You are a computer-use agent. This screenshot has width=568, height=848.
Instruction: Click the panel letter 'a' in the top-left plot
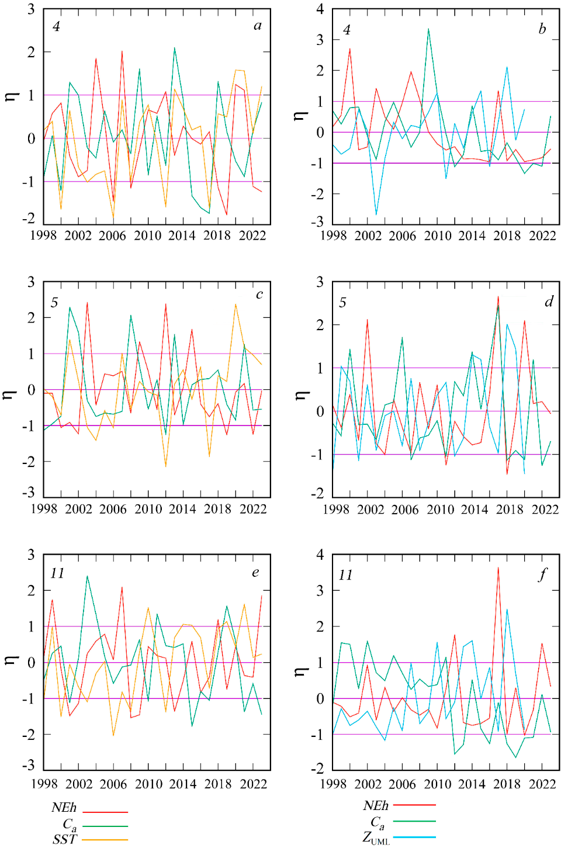[258, 26]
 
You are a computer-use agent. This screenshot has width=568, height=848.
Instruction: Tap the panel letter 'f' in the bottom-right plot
[543, 574]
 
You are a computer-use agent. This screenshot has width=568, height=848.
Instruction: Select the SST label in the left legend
[64, 840]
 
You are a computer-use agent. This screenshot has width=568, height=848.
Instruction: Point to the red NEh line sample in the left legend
[105, 812]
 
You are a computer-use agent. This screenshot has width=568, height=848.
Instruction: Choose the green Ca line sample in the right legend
[414, 821]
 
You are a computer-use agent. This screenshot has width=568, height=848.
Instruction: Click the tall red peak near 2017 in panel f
[498, 567]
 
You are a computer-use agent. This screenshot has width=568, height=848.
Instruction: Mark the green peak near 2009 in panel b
[428, 29]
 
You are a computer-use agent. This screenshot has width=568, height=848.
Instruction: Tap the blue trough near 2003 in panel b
[376, 214]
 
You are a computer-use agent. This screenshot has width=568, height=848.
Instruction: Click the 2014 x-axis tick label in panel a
[182, 236]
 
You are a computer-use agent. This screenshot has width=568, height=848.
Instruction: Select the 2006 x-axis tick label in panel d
[404, 510]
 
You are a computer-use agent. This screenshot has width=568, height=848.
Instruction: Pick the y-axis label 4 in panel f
[320, 554]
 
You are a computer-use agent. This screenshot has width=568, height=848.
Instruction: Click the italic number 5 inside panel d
[342, 302]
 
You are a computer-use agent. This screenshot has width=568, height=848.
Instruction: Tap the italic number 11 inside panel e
[57, 573]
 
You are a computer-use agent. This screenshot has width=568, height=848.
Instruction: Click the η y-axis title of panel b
[300, 115]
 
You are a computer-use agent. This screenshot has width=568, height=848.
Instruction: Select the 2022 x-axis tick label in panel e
[253, 784]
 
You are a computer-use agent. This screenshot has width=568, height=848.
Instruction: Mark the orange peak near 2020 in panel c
[235, 304]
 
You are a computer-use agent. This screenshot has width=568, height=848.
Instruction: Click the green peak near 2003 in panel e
[87, 576]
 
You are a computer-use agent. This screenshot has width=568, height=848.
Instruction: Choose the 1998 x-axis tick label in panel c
[44, 509]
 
